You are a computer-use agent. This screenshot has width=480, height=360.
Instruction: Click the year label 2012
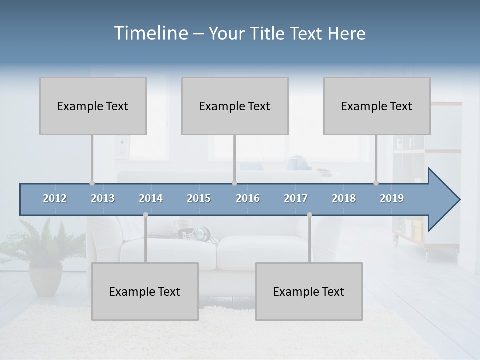[x=55, y=198]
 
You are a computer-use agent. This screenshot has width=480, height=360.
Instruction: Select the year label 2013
[x=103, y=198]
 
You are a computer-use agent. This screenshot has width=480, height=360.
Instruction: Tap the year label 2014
[x=151, y=198]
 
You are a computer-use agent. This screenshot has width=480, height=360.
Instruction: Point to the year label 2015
[x=199, y=198]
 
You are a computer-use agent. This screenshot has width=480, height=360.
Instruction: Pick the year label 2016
[x=248, y=198]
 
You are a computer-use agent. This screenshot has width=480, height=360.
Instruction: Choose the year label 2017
[x=296, y=198]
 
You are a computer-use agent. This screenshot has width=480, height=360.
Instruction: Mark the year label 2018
[x=344, y=198]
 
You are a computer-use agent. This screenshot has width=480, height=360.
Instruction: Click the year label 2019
[x=392, y=198]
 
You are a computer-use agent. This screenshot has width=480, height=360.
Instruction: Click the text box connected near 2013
[x=93, y=106]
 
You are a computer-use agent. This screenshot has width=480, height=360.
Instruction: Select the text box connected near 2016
[x=235, y=106]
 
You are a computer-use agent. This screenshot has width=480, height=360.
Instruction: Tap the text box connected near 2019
[x=377, y=106]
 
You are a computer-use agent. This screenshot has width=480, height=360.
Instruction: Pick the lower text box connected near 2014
[x=145, y=291]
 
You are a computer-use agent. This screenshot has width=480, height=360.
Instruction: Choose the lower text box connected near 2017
[x=309, y=291]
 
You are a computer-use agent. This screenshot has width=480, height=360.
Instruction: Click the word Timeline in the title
[x=150, y=33]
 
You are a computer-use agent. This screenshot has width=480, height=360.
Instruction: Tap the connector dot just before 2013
[x=92, y=183]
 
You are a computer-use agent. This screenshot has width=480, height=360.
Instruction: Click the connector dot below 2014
[x=145, y=215]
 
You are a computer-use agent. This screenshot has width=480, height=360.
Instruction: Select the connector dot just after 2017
[x=309, y=215]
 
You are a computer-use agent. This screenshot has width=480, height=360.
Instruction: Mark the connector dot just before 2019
[x=376, y=183]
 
